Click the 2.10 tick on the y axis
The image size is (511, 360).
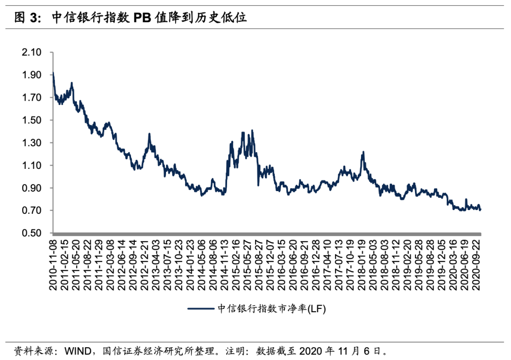[32, 52]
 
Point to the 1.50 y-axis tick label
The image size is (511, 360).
[32, 120]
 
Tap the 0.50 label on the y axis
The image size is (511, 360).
[32, 233]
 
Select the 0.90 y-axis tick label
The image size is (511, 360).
[32, 188]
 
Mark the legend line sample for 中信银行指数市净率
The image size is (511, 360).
[202, 309]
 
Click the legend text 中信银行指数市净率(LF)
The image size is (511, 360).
[272, 309]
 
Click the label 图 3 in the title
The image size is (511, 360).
[23, 18]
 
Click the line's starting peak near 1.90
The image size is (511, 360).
[53, 73]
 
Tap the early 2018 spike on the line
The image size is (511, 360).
[363, 152]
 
